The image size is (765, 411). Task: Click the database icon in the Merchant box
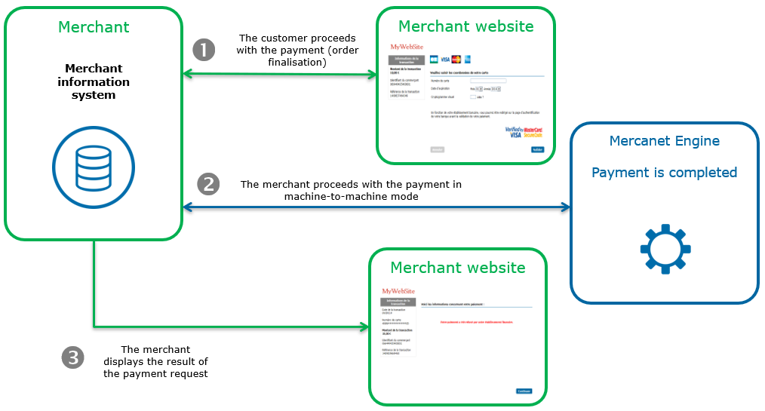click(x=94, y=168)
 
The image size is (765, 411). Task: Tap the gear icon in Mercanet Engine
click(x=665, y=248)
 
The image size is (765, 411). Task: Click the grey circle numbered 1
click(x=204, y=50)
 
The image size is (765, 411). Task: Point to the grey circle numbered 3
click(x=73, y=357)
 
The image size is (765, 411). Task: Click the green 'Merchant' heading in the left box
click(x=94, y=27)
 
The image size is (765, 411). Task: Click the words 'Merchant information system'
click(x=94, y=81)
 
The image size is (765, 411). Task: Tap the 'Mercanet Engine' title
click(x=664, y=141)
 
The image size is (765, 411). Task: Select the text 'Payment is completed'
click(x=664, y=173)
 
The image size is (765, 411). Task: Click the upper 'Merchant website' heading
click(x=465, y=26)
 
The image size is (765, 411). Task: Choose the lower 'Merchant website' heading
click(x=457, y=268)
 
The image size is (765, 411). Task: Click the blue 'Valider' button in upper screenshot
click(x=536, y=149)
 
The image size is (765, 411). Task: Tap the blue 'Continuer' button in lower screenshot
click(x=524, y=391)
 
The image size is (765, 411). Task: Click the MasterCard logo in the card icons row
click(x=456, y=59)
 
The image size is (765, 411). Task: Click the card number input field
click(x=487, y=79)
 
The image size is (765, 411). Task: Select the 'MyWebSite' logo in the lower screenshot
click(x=398, y=291)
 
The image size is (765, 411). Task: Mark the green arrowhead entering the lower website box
click(x=364, y=327)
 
